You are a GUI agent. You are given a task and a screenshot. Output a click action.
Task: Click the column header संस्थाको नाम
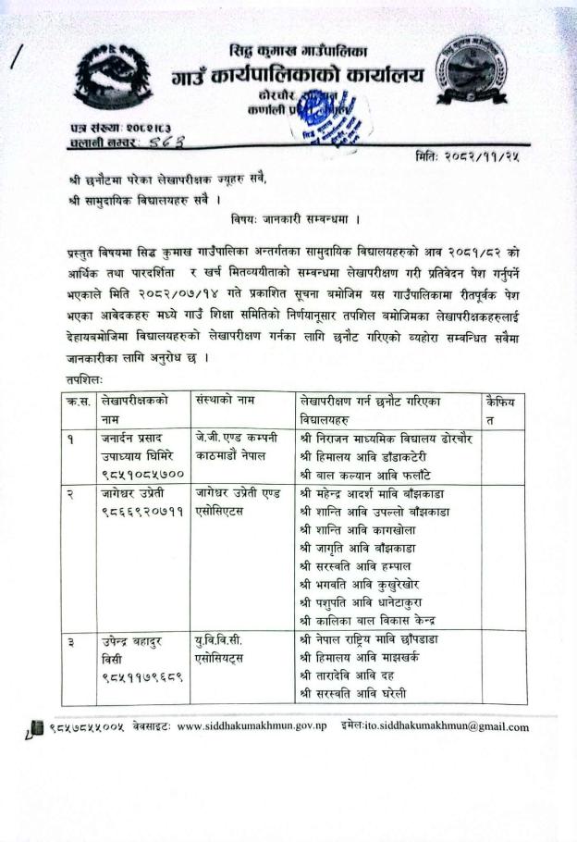[x=227, y=400]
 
